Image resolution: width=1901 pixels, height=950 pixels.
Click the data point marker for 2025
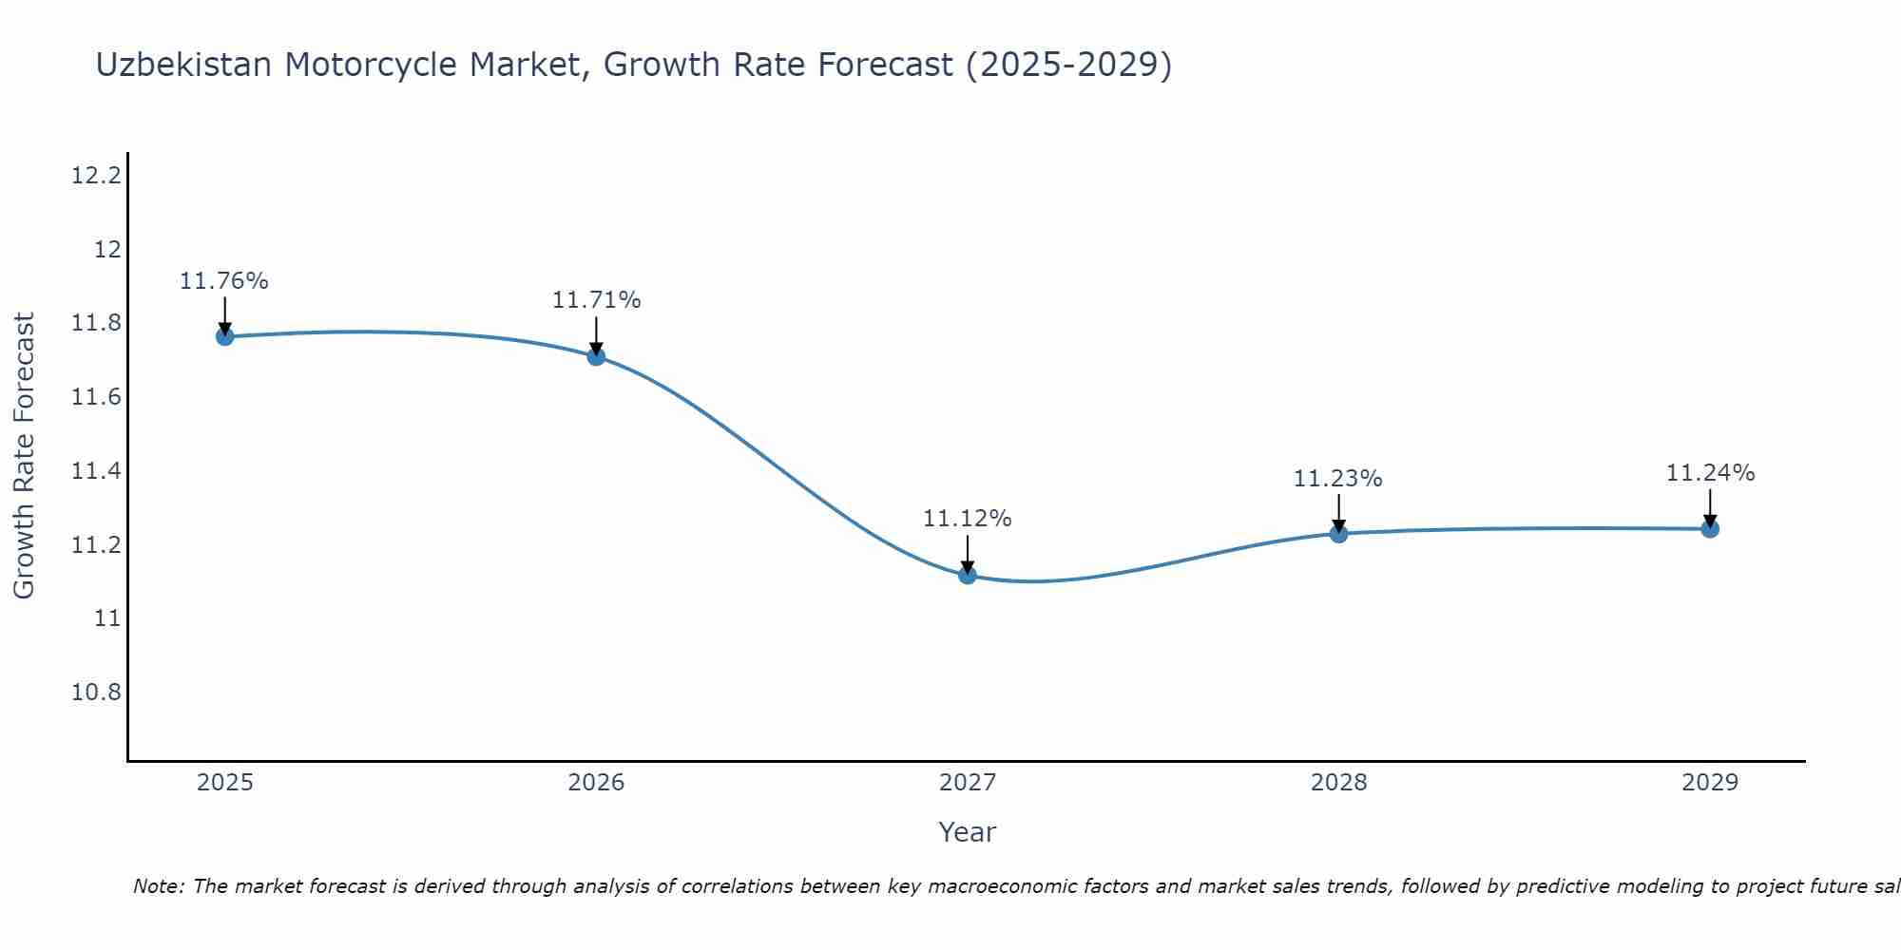224,336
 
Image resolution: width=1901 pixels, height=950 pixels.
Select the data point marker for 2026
596,356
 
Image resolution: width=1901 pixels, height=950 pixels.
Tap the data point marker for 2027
968,575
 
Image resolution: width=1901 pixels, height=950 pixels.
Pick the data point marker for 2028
1338,534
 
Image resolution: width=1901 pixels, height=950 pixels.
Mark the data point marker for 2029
1710,529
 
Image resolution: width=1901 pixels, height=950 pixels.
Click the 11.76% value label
224,281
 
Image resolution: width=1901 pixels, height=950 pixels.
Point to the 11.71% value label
596,300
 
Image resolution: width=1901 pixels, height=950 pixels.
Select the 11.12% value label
968,519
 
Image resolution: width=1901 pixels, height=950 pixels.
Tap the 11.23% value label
1337,479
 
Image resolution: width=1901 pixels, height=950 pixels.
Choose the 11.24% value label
1710,473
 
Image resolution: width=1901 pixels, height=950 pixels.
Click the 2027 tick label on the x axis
968,783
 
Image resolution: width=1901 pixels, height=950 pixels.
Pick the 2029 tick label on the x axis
1710,783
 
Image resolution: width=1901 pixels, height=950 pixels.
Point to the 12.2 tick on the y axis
97,176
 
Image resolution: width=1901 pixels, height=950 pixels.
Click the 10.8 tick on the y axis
97,692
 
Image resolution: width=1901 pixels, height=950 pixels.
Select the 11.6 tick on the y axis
97,397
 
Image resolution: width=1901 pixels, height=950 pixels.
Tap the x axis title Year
967,832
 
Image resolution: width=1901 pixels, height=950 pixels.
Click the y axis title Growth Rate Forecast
24,455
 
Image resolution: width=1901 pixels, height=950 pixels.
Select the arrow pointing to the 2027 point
968,553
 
